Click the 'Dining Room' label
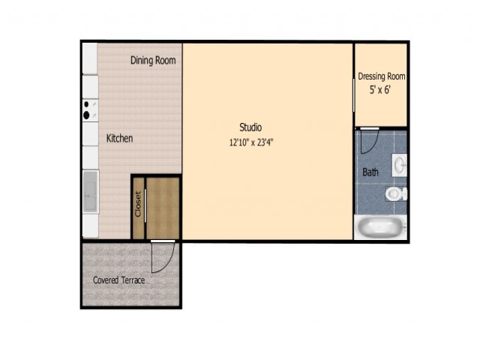[x=153, y=61]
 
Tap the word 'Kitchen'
[x=119, y=139]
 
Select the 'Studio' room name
[x=250, y=127]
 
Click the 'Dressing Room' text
[x=381, y=76]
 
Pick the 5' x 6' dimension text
[x=381, y=90]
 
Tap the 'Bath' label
[x=370, y=172]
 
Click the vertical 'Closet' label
[x=138, y=204]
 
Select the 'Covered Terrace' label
[x=118, y=280]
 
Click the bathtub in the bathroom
[x=381, y=226]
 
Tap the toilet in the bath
[x=395, y=194]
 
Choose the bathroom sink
[x=400, y=163]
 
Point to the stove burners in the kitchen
[x=88, y=110]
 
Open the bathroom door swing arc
[x=367, y=141]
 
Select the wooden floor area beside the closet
[x=163, y=209]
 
